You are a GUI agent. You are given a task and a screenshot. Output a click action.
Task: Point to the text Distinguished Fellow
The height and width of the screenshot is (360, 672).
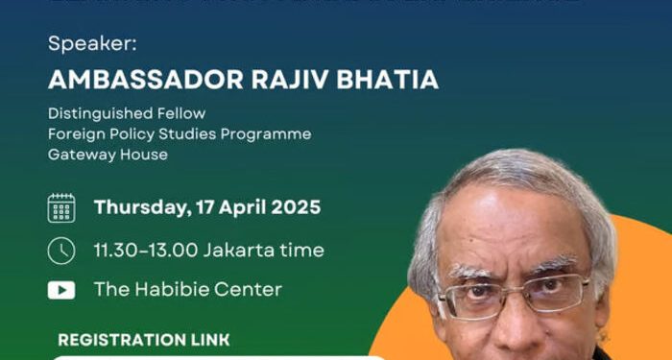coord(127,113)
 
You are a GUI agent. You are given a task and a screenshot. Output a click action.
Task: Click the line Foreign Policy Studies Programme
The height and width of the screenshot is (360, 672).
coord(180,133)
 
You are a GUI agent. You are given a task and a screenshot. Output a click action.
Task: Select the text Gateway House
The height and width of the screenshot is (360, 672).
coord(108,154)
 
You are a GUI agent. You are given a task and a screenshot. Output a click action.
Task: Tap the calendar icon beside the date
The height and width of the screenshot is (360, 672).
coord(61,207)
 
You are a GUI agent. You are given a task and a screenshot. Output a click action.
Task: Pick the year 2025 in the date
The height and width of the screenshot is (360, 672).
coord(298,207)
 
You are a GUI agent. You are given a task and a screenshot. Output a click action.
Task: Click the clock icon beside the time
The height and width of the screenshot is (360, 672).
coord(61,250)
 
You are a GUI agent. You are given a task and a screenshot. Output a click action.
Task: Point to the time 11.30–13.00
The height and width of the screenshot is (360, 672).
coord(146,250)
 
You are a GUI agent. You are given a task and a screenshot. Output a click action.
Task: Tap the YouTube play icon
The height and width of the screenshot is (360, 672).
coord(61,289)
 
